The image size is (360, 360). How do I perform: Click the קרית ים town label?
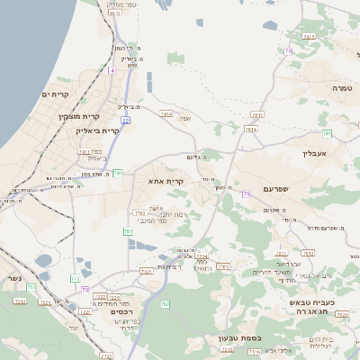55,94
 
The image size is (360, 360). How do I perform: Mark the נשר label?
12,278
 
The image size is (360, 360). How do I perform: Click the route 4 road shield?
112,69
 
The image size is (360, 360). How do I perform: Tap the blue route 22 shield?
126,120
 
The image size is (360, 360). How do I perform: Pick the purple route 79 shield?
246,193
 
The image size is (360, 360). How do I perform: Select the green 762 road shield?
165,305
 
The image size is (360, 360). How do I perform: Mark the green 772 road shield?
129,231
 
